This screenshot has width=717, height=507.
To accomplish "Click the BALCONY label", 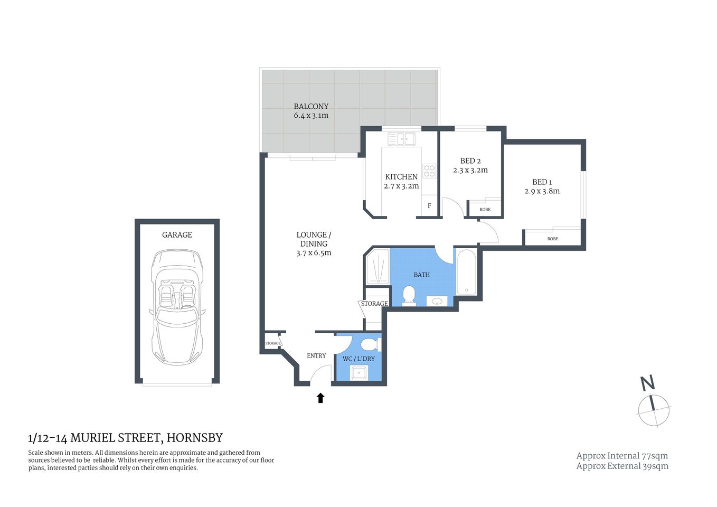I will tap(311, 106).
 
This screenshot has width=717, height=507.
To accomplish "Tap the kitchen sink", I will tap(401, 139).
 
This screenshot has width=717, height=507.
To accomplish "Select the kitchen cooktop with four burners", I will tap(429, 171).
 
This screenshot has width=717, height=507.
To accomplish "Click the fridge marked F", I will tap(429, 206).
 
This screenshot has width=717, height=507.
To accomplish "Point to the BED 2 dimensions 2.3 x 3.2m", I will tap(470, 170).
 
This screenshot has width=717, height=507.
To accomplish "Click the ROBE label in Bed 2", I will tap(485, 210).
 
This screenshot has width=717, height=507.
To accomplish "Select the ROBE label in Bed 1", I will tap(552, 239).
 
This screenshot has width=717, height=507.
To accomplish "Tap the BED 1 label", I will tap(542, 182).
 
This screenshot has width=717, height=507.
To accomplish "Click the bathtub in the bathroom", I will tap(467, 273).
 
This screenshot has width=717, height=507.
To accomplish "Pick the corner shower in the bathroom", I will tap(377, 267).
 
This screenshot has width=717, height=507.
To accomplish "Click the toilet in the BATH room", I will tap(409, 295).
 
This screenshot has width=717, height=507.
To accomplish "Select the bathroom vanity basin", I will tap(437, 301).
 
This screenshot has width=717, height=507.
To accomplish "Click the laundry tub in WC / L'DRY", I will tap(359, 373).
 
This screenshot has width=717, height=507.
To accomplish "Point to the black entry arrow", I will tap(320, 398).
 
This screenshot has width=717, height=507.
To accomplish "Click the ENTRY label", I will tap(316, 355).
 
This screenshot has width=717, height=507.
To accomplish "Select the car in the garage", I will tap(177, 306).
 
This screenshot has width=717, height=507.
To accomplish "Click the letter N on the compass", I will tap(647, 382).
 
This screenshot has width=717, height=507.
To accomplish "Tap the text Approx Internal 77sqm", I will tap(622, 456).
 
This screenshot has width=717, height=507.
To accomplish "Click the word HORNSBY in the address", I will tap(195, 438).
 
